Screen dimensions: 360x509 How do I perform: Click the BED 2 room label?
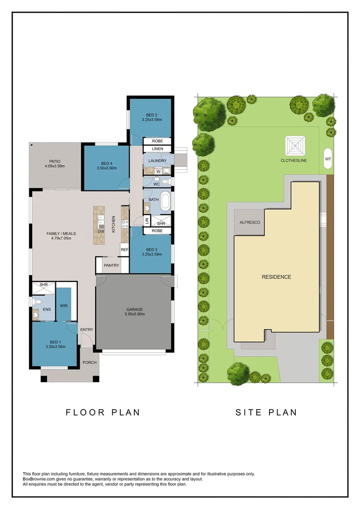coord(152,115)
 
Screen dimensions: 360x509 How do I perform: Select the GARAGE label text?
coord(135,309)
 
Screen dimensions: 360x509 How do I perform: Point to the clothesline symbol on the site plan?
coord(295,146)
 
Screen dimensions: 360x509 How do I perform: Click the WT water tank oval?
coord(328,159)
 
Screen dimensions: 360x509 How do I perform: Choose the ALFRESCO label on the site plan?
coord(250,222)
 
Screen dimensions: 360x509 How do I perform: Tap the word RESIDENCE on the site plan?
coord(277,277)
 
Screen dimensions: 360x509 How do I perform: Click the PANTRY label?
coord(111,265)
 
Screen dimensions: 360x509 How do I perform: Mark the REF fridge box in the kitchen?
coord(125,250)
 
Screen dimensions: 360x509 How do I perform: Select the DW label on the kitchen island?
coord(101,231)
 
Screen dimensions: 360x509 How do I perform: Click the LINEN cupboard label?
coord(157,148)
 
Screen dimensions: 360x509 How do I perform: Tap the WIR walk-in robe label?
coord(64,306)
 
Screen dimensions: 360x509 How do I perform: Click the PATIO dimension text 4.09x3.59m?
coord(55,166)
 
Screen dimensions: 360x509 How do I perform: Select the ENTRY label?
coord(87,329)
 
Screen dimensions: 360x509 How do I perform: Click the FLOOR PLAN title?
coord(103,412)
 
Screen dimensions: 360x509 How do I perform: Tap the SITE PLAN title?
coord(266,412)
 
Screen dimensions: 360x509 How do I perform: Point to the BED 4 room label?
coord(107,164)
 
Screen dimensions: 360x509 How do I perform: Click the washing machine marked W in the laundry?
coord(158,172)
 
